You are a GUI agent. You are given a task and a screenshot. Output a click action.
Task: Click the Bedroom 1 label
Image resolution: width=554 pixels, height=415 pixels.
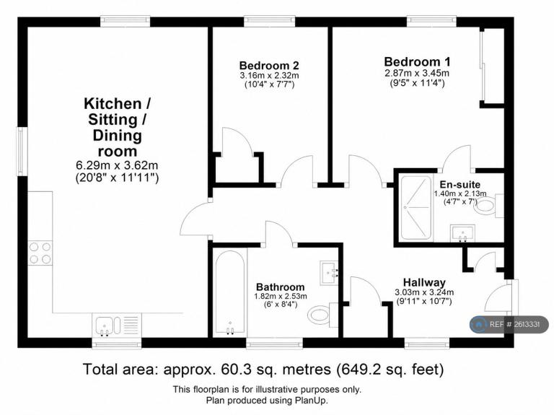(x=417, y=62)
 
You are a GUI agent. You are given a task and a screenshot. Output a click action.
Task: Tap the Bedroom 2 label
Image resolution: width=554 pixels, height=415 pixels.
(x=269, y=66)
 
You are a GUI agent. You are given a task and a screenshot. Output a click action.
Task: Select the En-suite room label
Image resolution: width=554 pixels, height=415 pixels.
(x=460, y=185)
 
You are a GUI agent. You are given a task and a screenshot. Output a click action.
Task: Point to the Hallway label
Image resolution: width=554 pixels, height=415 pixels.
(x=424, y=282)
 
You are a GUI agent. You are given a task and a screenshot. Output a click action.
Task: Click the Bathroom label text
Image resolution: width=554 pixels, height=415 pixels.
(x=280, y=287)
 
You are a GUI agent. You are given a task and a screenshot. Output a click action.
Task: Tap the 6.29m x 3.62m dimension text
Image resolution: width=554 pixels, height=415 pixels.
(x=117, y=165)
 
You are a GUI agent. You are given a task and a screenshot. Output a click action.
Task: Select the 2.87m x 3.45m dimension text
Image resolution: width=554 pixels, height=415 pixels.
(x=417, y=73)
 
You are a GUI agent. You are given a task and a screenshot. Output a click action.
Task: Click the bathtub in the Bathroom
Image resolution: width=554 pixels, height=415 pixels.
(x=230, y=292)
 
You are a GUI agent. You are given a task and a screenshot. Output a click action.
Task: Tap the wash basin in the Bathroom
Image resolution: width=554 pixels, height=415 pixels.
(x=329, y=273)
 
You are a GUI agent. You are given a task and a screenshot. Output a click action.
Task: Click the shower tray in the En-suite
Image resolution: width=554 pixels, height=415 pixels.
(x=416, y=208)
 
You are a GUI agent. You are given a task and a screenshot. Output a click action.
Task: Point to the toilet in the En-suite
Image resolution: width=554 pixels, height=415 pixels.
(x=488, y=206)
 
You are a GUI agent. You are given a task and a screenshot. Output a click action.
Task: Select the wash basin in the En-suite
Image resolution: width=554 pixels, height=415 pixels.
(x=462, y=233)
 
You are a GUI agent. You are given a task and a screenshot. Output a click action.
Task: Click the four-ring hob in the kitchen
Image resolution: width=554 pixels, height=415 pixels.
(x=40, y=253)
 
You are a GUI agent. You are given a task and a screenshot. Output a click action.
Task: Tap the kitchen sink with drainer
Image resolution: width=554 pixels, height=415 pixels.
(x=117, y=326)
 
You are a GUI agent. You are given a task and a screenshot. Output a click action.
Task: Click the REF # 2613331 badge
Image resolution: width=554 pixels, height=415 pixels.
(x=509, y=325)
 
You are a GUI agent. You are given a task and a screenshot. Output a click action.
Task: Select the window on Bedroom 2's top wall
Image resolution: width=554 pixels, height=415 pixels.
(x=270, y=22)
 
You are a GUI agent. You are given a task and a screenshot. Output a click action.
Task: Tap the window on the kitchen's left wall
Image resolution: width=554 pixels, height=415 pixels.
(x=22, y=152)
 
